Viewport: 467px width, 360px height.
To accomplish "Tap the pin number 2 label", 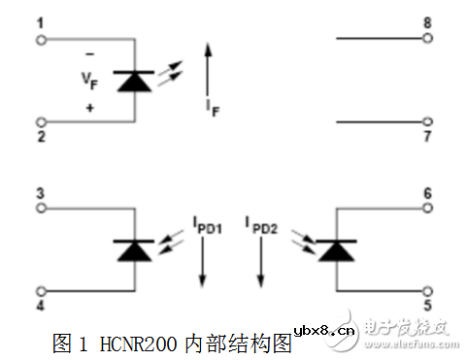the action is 41,138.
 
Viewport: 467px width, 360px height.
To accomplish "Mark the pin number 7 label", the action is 428,138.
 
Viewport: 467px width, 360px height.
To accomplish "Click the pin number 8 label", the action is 428,21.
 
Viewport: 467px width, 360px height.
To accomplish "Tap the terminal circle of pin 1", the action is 41,39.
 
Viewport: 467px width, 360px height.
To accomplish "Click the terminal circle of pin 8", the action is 428,39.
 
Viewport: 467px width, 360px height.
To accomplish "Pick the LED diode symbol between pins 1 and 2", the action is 132,81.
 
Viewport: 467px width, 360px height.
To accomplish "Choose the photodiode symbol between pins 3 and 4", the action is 132,250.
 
